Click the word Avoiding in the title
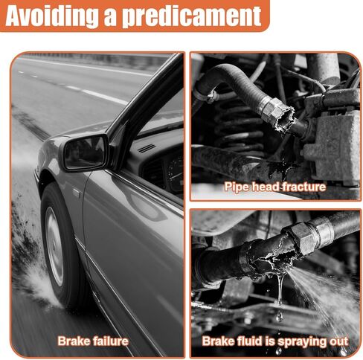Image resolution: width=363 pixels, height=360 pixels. coord(51,16)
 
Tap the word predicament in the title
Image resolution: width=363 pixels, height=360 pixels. coord(192,16)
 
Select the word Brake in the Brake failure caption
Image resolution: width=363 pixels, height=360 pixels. coord(73,341)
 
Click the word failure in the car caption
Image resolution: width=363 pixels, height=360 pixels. coord(110,341)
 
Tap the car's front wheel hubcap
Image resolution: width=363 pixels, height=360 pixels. coord(54,246)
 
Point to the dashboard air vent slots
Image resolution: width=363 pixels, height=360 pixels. coord(147,149)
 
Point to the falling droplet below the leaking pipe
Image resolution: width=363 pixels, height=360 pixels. coord(280,316)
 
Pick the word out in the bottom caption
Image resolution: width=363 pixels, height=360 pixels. coord(339,341)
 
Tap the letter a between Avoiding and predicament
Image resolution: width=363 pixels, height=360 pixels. coord(110,19)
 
